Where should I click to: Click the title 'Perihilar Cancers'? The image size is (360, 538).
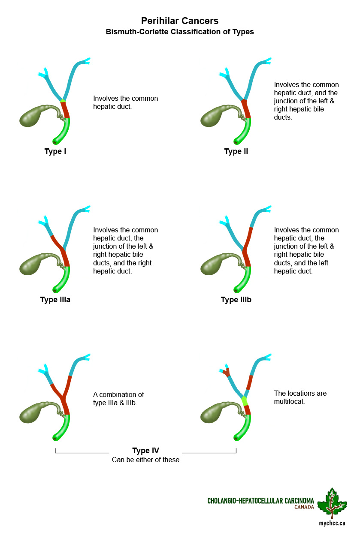click(x=180, y=21)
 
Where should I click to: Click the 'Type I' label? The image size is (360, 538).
click(x=55, y=151)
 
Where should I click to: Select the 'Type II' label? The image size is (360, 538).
click(x=236, y=151)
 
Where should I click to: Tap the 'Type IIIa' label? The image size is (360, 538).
click(x=55, y=300)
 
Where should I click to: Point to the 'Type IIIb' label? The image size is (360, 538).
click(x=236, y=300)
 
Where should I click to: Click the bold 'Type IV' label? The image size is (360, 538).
click(x=145, y=451)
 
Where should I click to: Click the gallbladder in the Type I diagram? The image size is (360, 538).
click(x=36, y=116)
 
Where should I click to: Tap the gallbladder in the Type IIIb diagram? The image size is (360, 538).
click(x=217, y=264)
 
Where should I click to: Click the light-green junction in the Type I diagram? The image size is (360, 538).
click(x=63, y=101)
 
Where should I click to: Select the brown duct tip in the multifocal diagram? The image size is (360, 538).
click(x=226, y=372)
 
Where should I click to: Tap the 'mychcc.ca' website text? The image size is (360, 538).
click(x=332, y=523)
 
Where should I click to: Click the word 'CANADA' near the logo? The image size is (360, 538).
click(x=304, y=507)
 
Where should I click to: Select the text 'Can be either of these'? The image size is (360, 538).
click(x=145, y=460)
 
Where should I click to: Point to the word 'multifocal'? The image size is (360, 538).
click(x=289, y=401)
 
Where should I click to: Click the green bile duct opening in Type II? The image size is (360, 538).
click(x=236, y=142)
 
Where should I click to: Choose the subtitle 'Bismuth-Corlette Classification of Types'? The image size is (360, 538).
click(x=180, y=32)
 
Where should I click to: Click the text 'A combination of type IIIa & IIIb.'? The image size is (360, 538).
click(x=118, y=398)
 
